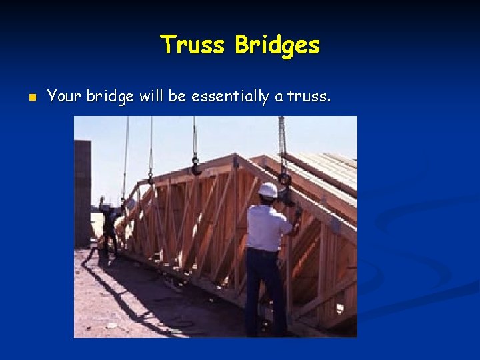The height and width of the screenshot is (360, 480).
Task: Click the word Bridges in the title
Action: click(x=278, y=45)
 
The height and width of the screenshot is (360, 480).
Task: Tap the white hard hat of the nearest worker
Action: click(x=267, y=190)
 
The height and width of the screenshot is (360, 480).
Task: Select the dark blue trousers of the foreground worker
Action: click(x=261, y=287)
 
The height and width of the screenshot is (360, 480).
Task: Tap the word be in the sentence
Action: click(x=177, y=97)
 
